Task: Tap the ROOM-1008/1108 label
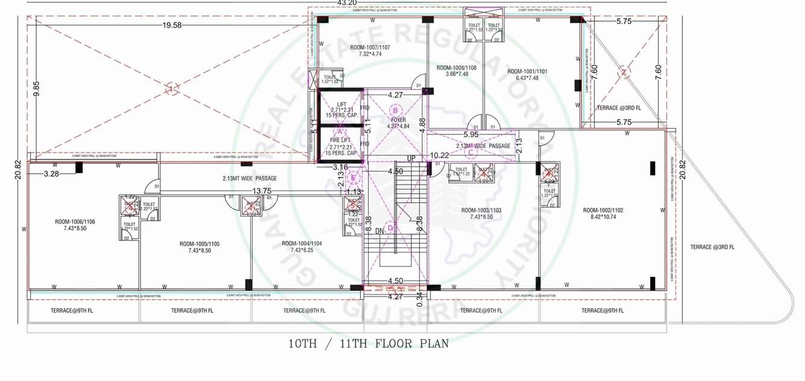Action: (x=456, y=68)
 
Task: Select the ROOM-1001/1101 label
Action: (x=527, y=71)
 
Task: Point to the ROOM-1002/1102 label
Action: (x=603, y=210)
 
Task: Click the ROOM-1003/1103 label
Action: (x=481, y=210)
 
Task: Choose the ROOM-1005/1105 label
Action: (x=199, y=244)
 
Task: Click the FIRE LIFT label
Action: (x=342, y=140)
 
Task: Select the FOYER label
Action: (x=398, y=120)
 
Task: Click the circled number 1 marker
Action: (x=172, y=89)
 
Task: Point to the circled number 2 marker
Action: (x=625, y=73)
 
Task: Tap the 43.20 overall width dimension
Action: (x=345, y=3)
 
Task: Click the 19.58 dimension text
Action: (x=172, y=25)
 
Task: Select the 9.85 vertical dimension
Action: (x=36, y=89)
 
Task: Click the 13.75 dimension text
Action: (x=261, y=191)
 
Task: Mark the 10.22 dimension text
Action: (x=440, y=155)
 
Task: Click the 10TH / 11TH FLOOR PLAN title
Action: (x=368, y=344)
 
